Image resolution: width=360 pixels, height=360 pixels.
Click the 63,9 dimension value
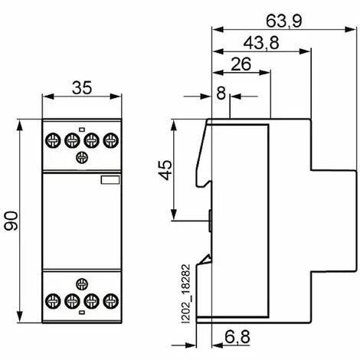[283, 21]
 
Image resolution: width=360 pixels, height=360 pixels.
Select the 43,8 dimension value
[261, 43]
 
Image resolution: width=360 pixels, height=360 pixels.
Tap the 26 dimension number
[241, 64]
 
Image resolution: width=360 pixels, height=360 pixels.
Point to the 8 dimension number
[221, 93]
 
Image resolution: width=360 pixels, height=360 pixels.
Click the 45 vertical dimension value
[165, 170]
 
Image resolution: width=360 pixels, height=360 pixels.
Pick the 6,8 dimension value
[237, 337]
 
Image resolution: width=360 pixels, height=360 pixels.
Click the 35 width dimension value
[82, 87]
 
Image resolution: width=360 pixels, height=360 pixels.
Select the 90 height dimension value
[11, 221]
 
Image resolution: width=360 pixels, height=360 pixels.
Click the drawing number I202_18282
[187, 294]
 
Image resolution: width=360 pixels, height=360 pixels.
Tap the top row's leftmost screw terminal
[53, 140]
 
